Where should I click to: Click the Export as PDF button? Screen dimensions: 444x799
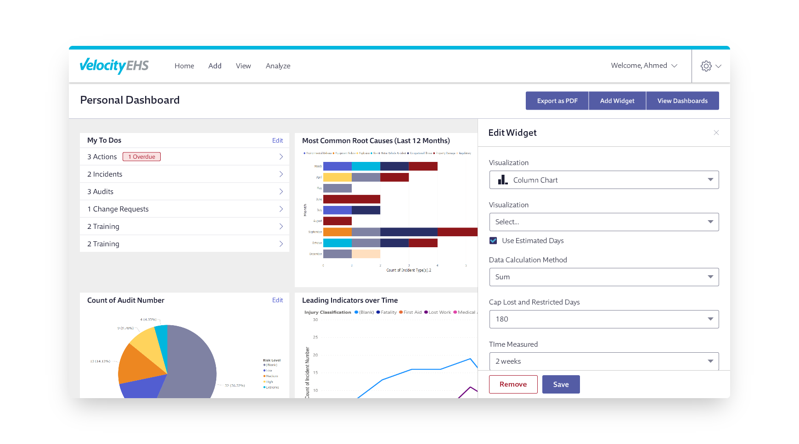tap(557, 101)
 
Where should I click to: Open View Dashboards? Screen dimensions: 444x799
tap(682, 101)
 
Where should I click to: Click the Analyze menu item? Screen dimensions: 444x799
tap(278, 66)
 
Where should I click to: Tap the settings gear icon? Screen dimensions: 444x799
tap(706, 66)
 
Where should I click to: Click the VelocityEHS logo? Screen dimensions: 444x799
tap(114, 66)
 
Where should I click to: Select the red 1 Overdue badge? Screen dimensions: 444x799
tap(141, 157)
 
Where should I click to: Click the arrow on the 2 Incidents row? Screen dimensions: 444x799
tap(281, 174)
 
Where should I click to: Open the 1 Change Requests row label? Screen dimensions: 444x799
tap(118, 209)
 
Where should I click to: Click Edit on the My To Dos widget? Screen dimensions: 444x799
tap(277, 140)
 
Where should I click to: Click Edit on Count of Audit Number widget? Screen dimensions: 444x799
tap(277, 300)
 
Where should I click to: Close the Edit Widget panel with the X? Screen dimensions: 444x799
tap(716, 133)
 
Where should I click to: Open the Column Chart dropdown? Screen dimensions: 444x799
tap(604, 180)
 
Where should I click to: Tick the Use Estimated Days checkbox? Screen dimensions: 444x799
tap(493, 241)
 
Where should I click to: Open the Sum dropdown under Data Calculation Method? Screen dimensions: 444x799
tap(604, 277)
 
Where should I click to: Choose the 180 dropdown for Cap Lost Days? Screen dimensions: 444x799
tap(604, 319)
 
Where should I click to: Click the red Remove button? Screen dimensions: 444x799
tap(513, 384)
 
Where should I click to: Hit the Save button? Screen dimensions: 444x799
tap(561, 384)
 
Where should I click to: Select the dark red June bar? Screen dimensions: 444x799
tap(352, 199)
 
